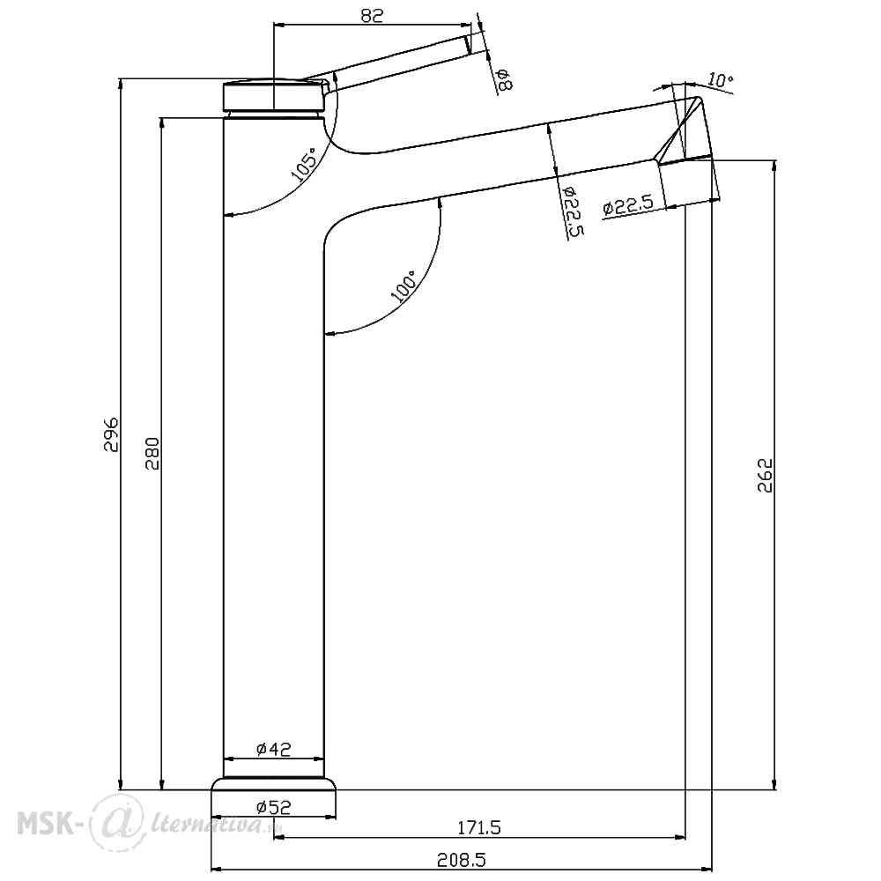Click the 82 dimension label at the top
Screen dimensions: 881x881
click(x=372, y=15)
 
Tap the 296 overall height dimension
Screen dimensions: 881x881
click(x=111, y=434)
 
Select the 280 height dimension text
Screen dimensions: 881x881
click(x=152, y=453)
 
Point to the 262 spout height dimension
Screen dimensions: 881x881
click(x=766, y=476)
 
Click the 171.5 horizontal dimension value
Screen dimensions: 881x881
click(x=479, y=827)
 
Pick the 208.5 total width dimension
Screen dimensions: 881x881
click(x=461, y=860)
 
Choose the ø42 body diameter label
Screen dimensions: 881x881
click(x=274, y=749)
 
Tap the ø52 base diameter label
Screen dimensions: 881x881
click(x=274, y=807)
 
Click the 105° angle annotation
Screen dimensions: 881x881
click(x=304, y=163)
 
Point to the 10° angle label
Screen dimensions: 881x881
click(x=721, y=80)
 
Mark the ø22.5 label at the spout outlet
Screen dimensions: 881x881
click(x=628, y=205)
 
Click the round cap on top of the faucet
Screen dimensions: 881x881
click(x=275, y=95)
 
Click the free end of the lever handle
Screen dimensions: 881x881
click(x=469, y=45)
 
